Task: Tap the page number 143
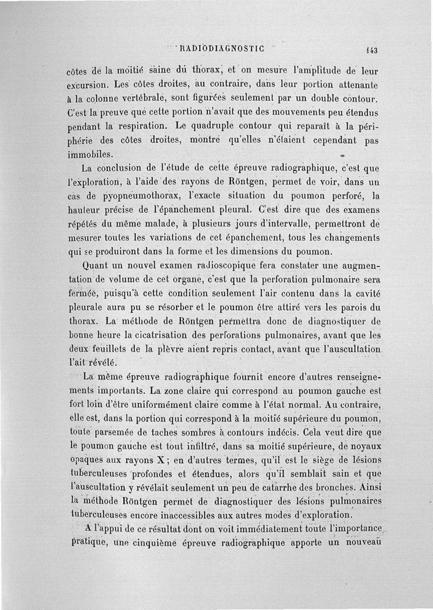(371, 50)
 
